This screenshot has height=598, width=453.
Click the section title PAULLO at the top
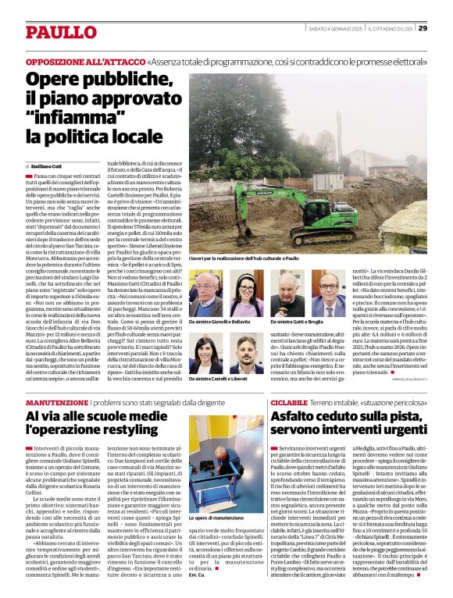click(x=59, y=32)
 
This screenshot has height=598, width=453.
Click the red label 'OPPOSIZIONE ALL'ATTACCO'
click(x=84, y=61)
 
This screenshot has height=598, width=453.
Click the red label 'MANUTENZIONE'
click(x=57, y=401)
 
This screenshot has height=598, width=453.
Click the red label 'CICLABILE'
click(x=290, y=401)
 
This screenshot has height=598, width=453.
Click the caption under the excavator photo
click(x=244, y=257)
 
